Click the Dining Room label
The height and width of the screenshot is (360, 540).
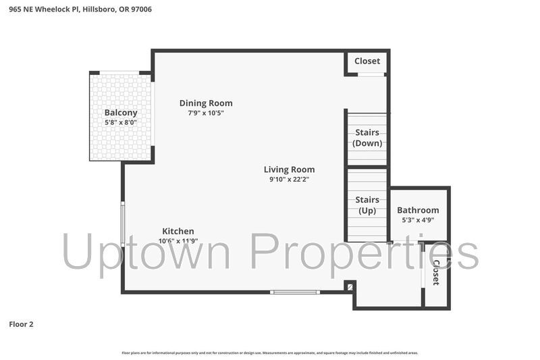click(206, 103)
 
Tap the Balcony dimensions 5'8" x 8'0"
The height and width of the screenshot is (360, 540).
click(121, 122)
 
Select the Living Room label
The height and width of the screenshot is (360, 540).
click(289, 170)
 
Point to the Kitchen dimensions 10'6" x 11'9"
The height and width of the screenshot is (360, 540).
click(178, 241)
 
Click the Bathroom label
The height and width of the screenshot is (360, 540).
click(418, 210)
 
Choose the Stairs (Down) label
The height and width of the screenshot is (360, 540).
click(367, 138)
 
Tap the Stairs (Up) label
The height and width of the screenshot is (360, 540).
click(367, 205)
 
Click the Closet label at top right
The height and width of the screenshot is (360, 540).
click(367, 61)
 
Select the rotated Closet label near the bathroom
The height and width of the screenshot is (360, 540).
click(436, 272)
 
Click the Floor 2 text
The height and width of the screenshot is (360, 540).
click(21, 324)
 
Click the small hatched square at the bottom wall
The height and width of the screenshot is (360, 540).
click(349, 287)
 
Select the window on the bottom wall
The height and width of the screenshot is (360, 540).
click(295, 292)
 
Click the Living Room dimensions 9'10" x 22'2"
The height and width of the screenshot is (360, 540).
click(289, 180)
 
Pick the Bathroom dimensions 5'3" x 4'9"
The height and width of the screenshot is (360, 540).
click(418, 220)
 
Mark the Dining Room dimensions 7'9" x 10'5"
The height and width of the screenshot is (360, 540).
click(206, 113)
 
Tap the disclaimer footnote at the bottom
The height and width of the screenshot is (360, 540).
click(270, 353)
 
